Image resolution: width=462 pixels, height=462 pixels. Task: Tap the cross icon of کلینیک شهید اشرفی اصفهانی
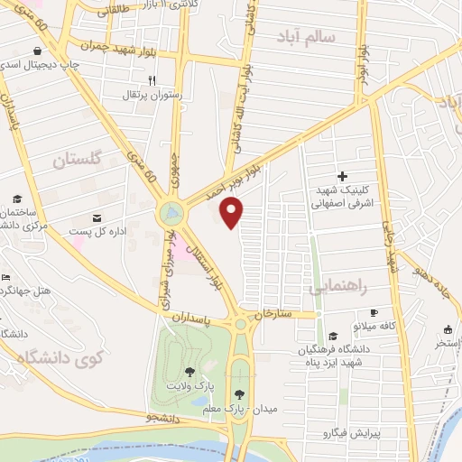[x=341, y=176]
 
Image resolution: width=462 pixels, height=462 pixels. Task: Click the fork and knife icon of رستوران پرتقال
[x=152, y=79]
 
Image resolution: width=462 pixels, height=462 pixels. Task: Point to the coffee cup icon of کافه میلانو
[x=374, y=311]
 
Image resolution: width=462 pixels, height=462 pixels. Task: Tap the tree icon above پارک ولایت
[x=189, y=371]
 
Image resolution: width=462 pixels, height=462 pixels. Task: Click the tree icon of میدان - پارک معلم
[x=239, y=393]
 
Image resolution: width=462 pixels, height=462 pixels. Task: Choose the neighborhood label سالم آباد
[x=308, y=37]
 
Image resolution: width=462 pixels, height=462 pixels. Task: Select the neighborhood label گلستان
[x=81, y=161]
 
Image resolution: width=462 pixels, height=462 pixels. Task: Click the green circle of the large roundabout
[x=170, y=215]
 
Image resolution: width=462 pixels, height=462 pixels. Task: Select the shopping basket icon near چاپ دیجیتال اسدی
[x=35, y=51]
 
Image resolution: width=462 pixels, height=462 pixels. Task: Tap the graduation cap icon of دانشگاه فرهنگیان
[x=333, y=336]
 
